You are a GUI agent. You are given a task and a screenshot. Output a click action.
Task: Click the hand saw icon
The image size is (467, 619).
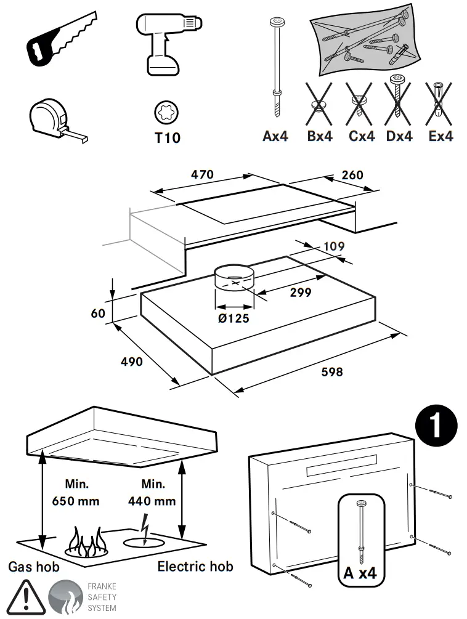click(x=59, y=41)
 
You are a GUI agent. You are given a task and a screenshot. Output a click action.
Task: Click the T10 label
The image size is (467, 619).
click(x=167, y=137)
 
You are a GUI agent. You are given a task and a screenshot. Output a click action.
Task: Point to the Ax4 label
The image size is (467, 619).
click(x=275, y=136)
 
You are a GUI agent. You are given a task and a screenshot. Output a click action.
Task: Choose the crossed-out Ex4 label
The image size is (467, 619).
click(x=441, y=136)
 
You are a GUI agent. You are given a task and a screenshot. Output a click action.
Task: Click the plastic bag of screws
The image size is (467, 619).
click(x=363, y=39)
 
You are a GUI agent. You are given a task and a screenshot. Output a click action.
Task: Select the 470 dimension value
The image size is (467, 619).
click(x=201, y=175)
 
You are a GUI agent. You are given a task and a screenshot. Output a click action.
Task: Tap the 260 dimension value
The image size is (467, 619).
click(x=352, y=175)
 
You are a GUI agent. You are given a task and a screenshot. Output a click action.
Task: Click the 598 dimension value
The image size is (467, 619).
click(x=331, y=372)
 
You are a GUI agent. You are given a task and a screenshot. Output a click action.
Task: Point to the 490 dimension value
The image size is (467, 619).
click(x=131, y=361)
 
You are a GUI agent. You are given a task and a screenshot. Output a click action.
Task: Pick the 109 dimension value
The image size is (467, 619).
click(x=333, y=247)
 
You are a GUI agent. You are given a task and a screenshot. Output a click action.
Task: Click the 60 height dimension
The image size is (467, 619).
click(x=98, y=313)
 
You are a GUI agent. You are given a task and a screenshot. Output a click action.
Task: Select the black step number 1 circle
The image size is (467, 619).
click(x=437, y=426)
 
